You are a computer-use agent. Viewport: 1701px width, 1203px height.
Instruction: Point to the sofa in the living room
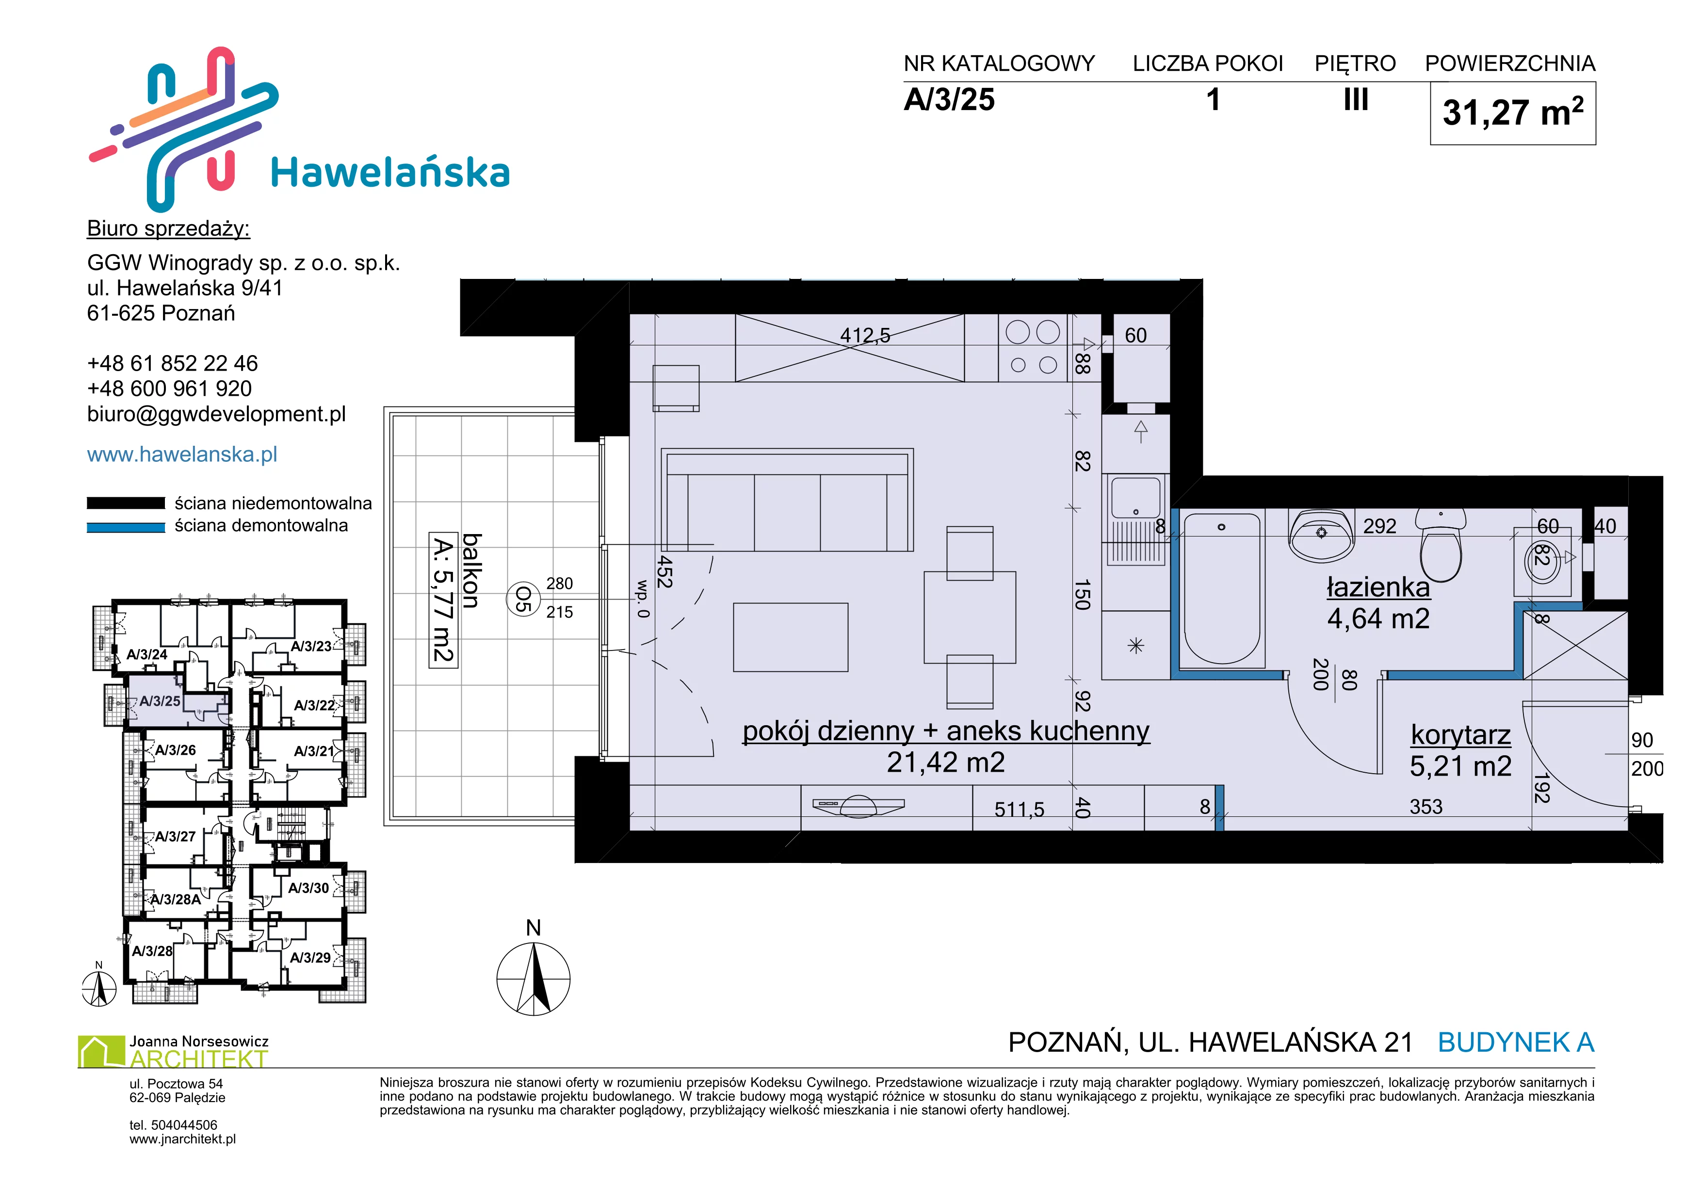click(787, 500)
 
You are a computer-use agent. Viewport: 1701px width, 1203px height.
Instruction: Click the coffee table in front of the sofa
click(791, 637)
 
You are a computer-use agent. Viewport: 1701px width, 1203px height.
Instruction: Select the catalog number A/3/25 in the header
click(949, 100)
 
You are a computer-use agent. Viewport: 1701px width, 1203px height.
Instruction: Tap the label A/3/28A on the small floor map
click(176, 899)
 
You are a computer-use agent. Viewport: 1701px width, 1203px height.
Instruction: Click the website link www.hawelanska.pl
click(182, 454)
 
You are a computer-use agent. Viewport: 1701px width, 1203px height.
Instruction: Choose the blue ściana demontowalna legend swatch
click(126, 527)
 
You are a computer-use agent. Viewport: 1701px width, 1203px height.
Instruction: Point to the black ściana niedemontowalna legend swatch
click(126, 503)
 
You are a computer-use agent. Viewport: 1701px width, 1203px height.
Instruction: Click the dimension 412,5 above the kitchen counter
click(865, 336)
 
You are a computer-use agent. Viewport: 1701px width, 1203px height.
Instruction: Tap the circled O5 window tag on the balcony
click(523, 599)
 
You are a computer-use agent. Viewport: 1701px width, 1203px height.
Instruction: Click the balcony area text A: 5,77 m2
click(442, 600)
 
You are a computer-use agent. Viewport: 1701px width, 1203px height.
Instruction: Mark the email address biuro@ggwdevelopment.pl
click(216, 414)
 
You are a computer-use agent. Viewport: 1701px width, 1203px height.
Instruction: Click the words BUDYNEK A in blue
click(1516, 1042)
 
